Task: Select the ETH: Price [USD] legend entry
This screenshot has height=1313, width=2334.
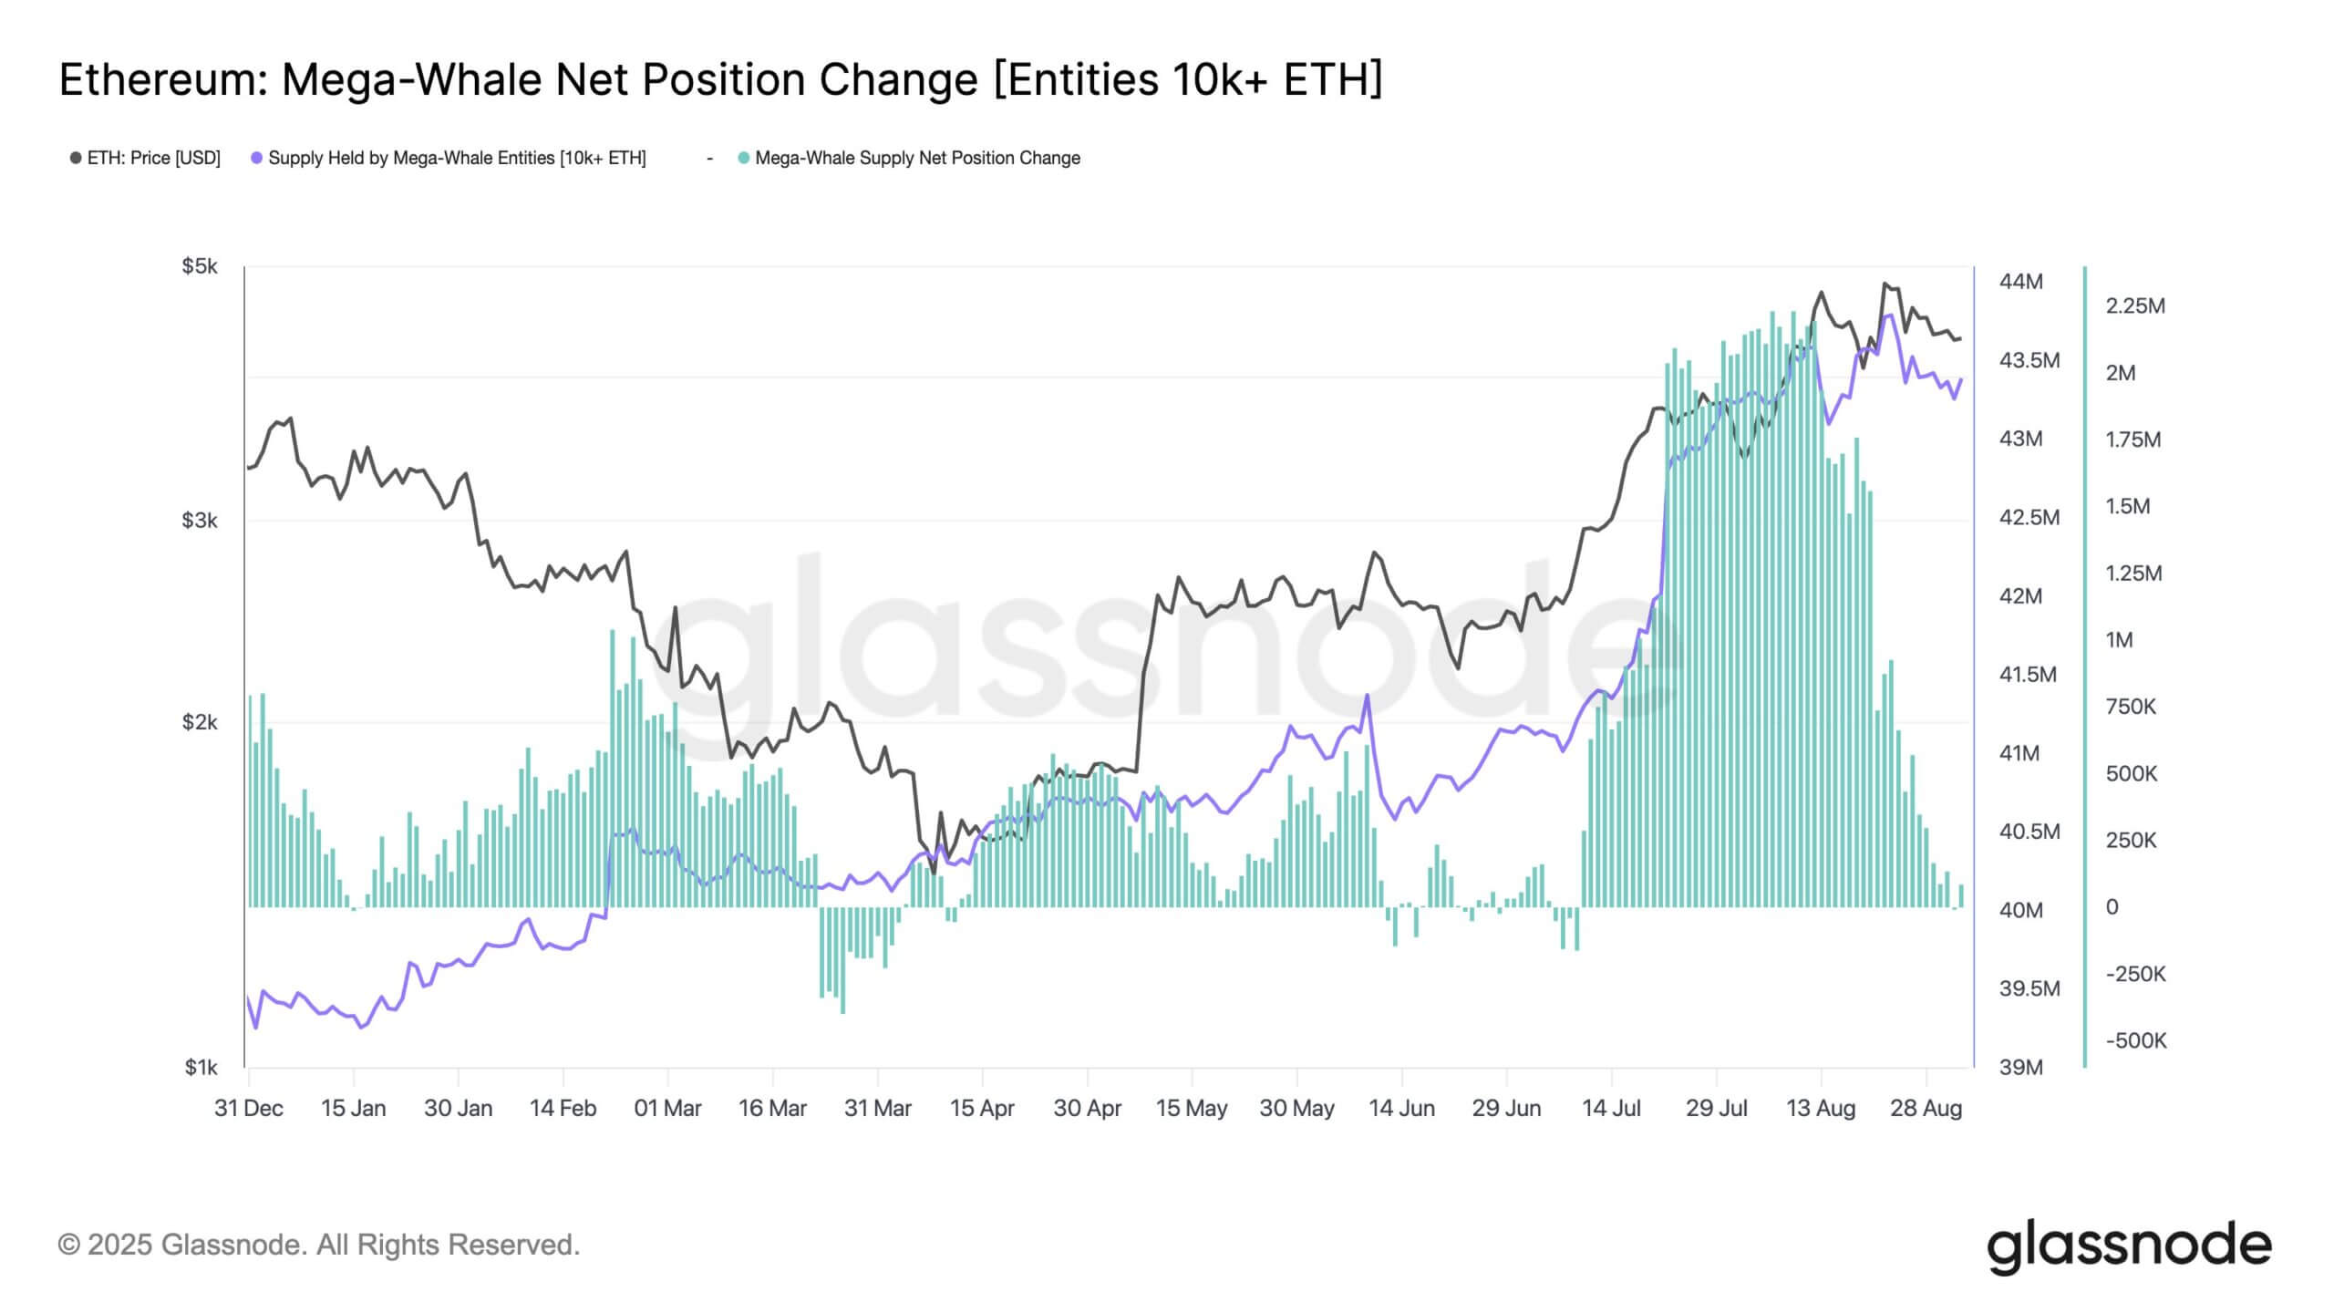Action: click(x=146, y=158)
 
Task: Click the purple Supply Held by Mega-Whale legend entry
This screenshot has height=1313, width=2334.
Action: click(x=449, y=158)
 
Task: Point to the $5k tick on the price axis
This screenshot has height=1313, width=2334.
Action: click(x=200, y=266)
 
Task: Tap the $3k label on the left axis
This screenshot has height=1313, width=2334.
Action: click(x=200, y=521)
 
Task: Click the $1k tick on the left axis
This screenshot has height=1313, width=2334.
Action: click(x=201, y=1067)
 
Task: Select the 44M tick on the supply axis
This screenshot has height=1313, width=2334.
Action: click(x=2020, y=281)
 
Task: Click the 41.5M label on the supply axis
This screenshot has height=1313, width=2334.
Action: click(x=2028, y=675)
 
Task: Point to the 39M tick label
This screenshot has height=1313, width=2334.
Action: click(x=2020, y=1067)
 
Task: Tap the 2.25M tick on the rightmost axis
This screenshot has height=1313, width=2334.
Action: click(x=2134, y=305)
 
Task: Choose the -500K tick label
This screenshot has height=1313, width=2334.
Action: click(x=2135, y=1040)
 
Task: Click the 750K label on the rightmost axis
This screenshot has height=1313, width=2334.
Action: click(x=2130, y=707)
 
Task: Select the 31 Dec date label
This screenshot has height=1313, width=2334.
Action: click(x=248, y=1109)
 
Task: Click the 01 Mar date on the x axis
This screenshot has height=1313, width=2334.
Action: click(x=667, y=1109)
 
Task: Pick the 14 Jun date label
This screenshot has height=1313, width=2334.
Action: click(x=1401, y=1109)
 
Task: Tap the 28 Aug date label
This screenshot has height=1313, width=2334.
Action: click(x=1926, y=1109)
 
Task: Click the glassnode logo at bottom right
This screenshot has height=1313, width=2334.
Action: click(x=2129, y=1246)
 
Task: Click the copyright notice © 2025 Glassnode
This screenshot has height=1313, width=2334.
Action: click(x=318, y=1245)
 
